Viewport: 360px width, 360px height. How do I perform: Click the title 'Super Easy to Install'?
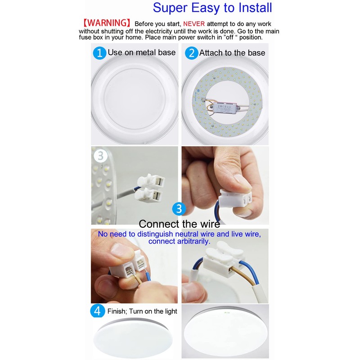coord(212,8)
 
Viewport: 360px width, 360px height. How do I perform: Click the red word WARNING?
coord(107,23)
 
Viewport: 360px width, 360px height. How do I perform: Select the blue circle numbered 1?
coord(99,53)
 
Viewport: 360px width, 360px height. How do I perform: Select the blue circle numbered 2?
coord(192,53)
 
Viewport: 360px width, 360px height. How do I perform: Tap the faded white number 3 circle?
coord(100,156)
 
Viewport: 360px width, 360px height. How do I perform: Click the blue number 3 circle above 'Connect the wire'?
coord(179,209)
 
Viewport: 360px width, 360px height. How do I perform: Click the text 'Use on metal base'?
coord(141,53)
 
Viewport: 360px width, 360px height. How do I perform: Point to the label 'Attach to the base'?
coord(232,53)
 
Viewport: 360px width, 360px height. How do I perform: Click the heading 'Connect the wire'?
coord(179,224)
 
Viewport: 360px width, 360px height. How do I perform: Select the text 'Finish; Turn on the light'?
coord(142,311)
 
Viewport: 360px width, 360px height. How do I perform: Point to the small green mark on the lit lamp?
coord(225,310)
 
